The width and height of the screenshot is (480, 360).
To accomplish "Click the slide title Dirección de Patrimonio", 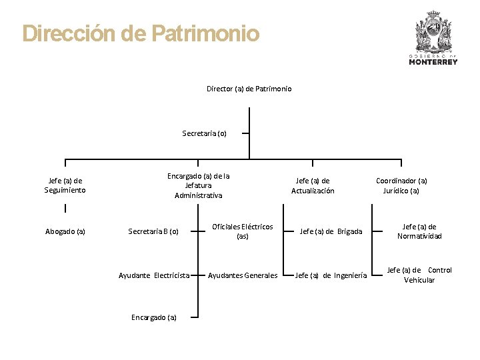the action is click(141, 33).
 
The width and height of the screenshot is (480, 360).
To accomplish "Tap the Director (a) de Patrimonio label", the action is click(249, 89).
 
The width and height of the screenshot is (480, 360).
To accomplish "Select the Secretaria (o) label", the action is click(205, 133).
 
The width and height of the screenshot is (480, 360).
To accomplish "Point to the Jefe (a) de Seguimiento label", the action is click(65, 185).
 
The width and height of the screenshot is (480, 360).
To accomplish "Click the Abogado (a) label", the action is click(65, 232).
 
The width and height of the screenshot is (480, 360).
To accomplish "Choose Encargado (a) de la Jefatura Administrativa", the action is click(199, 185).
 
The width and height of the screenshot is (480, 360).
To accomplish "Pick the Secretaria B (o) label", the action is click(153, 232).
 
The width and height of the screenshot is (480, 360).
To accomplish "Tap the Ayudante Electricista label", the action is click(154, 275).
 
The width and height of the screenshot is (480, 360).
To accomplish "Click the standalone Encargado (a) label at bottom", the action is click(154, 317).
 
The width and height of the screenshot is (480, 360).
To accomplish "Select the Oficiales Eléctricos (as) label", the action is click(243, 231).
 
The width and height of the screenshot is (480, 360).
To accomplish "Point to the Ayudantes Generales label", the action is click(243, 275).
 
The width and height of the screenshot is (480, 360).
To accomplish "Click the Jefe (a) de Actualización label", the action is click(313, 185).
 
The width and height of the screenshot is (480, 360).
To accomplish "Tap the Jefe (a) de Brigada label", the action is click(331, 232).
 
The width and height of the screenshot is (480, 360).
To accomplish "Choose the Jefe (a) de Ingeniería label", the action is click(331, 275).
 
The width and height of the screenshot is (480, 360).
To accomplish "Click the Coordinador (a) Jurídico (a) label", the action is click(401, 185).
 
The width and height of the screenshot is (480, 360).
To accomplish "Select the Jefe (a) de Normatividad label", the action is click(419, 231).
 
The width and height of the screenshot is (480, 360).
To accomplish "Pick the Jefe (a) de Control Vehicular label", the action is click(419, 275).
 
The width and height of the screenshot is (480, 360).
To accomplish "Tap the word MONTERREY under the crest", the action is click(433, 62).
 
